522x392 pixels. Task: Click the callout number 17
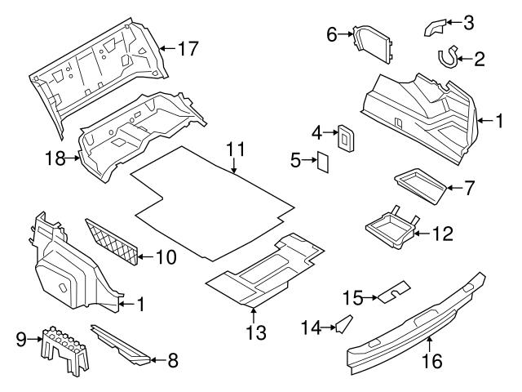tap(188, 49)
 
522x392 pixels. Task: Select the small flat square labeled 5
tap(322, 163)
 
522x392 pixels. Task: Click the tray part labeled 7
tap(420, 185)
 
